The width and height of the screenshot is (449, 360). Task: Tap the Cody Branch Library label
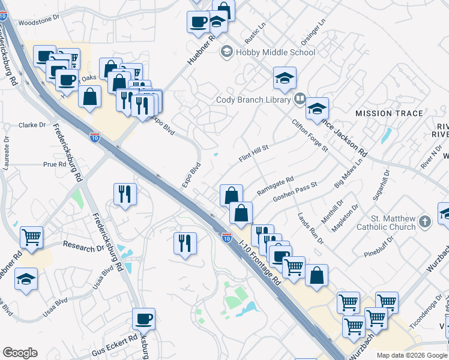click(x=253, y=100)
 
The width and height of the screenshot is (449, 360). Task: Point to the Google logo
click(x=20, y=353)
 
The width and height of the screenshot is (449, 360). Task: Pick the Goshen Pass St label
click(x=294, y=194)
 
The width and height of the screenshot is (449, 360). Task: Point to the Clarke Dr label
click(x=32, y=125)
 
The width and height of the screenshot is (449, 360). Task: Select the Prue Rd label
click(x=54, y=164)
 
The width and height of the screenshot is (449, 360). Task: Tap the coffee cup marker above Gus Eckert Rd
click(x=143, y=319)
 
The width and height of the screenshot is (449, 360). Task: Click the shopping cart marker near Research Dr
click(x=31, y=236)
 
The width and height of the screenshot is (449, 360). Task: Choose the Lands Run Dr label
click(x=311, y=227)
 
